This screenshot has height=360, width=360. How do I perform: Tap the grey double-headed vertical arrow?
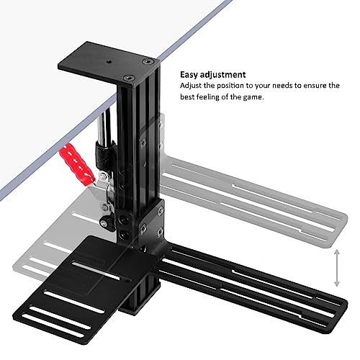click(337, 268)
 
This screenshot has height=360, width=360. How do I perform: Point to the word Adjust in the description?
click(191, 86)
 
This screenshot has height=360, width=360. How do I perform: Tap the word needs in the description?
click(283, 86)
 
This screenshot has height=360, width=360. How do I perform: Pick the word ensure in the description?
click(313, 86)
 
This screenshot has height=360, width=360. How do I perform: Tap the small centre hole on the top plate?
click(109, 62)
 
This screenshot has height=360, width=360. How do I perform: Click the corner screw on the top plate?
click(148, 62)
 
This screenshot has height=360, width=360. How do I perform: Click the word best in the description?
click(187, 97)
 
